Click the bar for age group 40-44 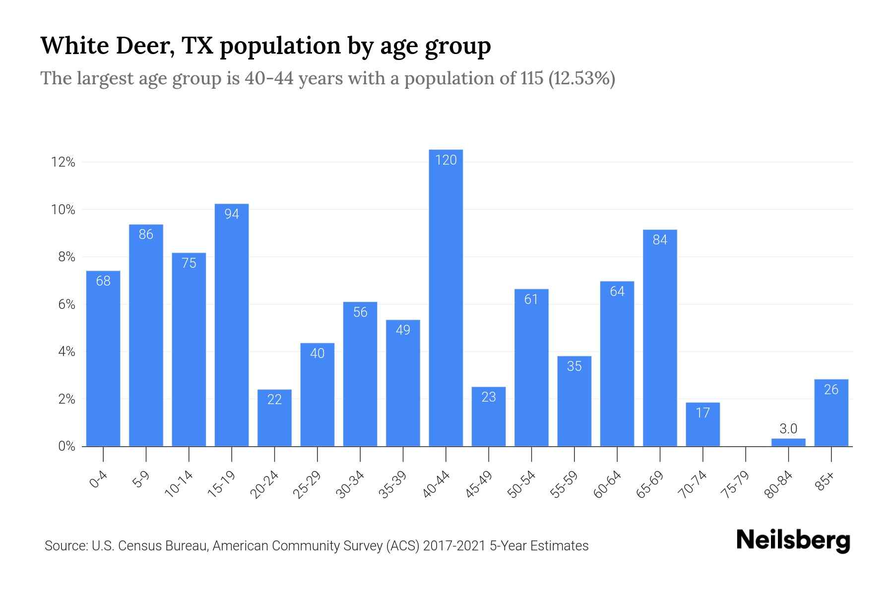point(446,297)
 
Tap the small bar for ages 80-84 point(788,442)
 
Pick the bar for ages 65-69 point(660,337)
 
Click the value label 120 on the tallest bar point(446,160)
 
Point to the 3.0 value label point(788,428)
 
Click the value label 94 point(232,214)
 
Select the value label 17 point(702,413)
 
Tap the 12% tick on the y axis point(63,162)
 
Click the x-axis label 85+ point(825,481)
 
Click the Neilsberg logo point(793,540)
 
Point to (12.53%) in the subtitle point(581,78)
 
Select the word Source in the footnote point(65,546)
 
